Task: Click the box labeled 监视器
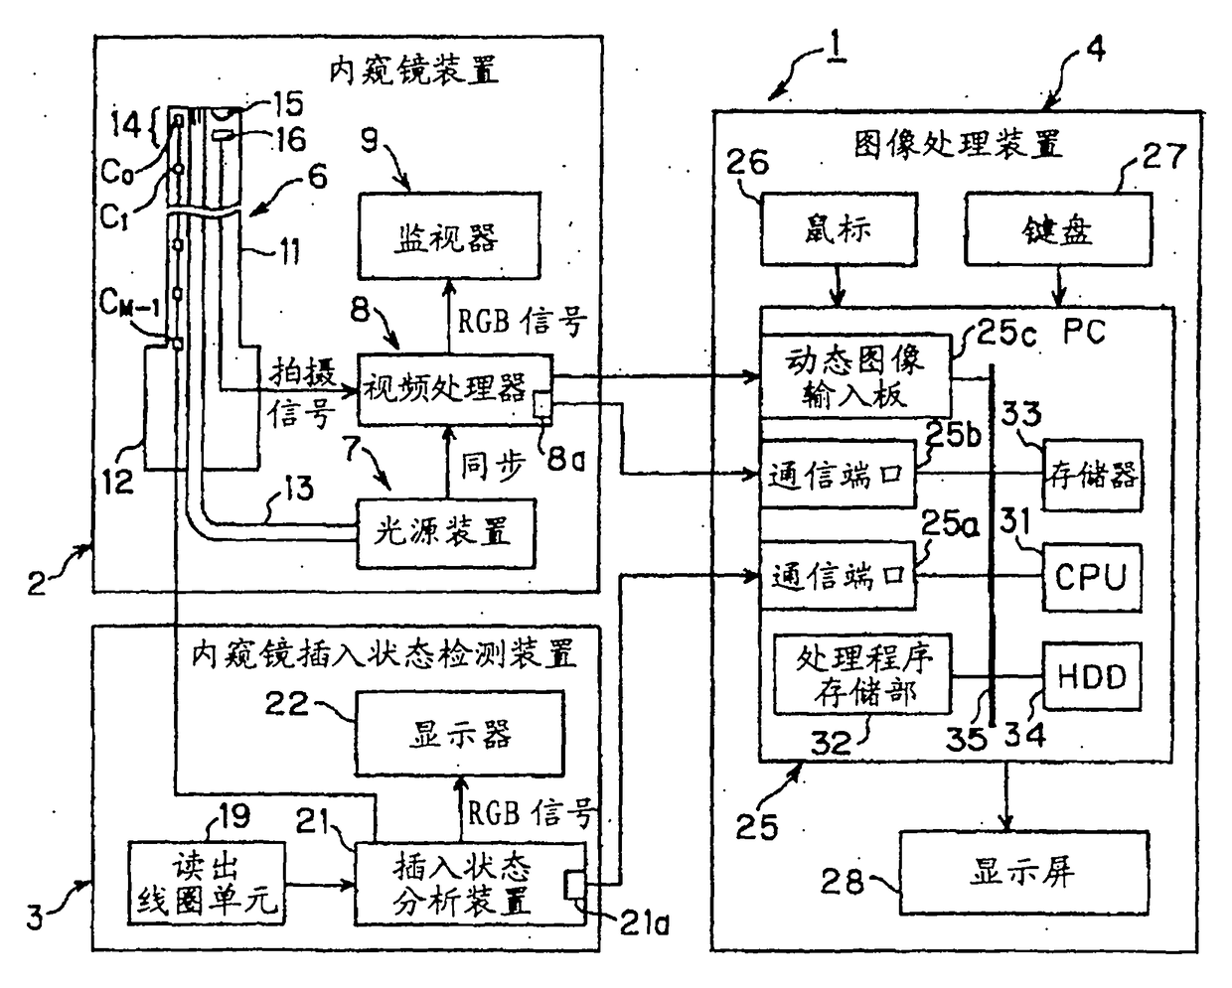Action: pyautogui.click(x=449, y=235)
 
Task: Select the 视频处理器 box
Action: pyautogui.click(x=455, y=389)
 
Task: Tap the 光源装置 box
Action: pyautogui.click(x=446, y=533)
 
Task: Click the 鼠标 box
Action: pyautogui.click(x=839, y=228)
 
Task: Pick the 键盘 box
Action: pyautogui.click(x=1058, y=228)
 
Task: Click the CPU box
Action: pyautogui.click(x=1092, y=577)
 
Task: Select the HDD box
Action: pyautogui.click(x=1092, y=676)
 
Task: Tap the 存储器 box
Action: pyautogui.click(x=1092, y=476)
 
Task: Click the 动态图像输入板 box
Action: pyautogui.click(x=855, y=376)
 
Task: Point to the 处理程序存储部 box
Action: pyautogui.click(x=862, y=674)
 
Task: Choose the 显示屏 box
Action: pyautogui.click(x=1023, y=873)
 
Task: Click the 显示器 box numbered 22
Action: pyautogui.click(x=460, y=734)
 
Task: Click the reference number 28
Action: pyautogui.click(x=842, y=881)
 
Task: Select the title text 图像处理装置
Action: pyautogui.click(x=958, y=144)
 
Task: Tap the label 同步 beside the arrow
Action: pyautogui.click(x=493, y=467)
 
